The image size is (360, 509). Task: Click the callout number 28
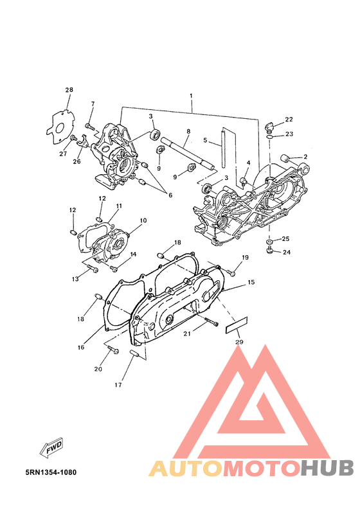click(x=69, y=89)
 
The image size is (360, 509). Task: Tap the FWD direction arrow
click(x=51, y=448)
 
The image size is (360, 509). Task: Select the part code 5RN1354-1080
click(x=51, y=472)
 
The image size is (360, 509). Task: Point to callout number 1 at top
click(x=191, y=96)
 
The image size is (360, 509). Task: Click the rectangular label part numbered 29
click(x=237, y=325)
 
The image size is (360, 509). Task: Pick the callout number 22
click(x=289, y=120)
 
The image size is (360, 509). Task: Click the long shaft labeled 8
click(x=187, y=154)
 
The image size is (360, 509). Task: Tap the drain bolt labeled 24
click(x=269, y=250)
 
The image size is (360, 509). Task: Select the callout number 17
click(x=118, y=385)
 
